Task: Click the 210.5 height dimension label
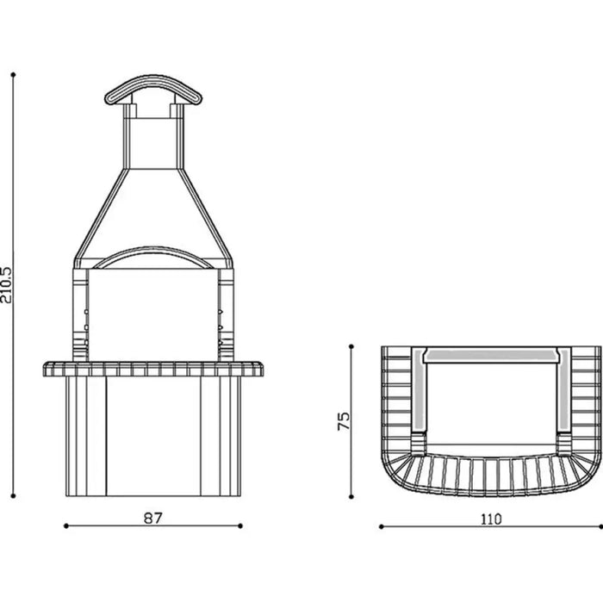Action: click(x=6, y=285)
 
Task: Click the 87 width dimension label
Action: click(x=153, y=518)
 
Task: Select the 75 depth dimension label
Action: click(x=344, y=421)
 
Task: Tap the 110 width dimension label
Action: click(x=491, y=519)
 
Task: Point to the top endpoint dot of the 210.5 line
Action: click(x=13, y=75)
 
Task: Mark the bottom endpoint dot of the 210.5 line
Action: click(x=13, y=496)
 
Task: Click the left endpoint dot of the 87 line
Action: click(x=66, y=525)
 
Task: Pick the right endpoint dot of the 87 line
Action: click(x=240, y=525)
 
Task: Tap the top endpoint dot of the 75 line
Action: click(x=351, y=346)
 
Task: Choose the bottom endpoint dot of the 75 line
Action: click(x=351, y=497)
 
